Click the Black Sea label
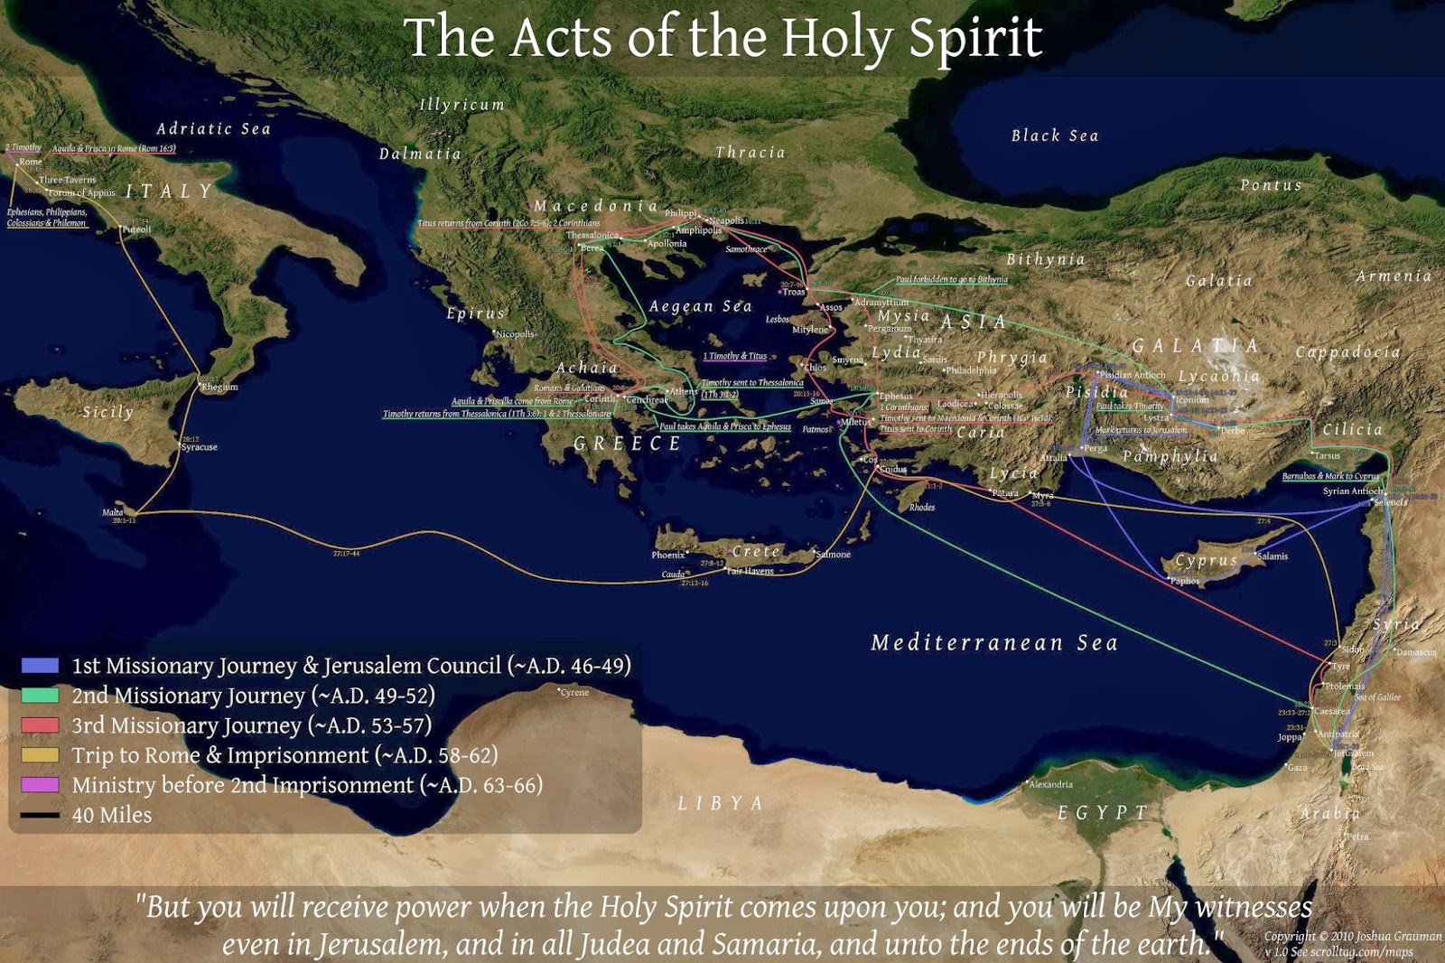pyautogui.click(x=1054, y=136)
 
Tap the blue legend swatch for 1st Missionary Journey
pyautogui.click(x=40, y=666)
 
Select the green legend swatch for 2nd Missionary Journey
pyautogui.click(x=40, y=696)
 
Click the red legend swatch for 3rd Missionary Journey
pyautogui.click(x=40, y=725)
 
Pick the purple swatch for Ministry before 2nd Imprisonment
pyautogui.click(x=40, y=785)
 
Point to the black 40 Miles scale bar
pyautogui.click(x=40, y=815)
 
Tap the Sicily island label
pyautogui.click(x=107, y=412)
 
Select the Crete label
pyautogui.click(x=756, y=551)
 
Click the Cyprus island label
pyautogui.click(x=1206, y=560)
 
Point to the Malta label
pyautogui.click(x=113, y=512)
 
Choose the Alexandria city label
pyautogui.click(x=1051, y=784)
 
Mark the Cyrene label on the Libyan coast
pyautogui.click(x=574, y=692)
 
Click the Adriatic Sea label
pyautogui.click(x=213, y=129)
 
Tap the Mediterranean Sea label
pyautogui.click(x=993, y=643)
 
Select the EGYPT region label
pyautogui.click(x=1102, y=813)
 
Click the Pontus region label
pyautogui.click(x=1271, y=185)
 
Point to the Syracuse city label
pyautogui.click(x=200, y=447)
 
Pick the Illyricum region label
pyautogui.click(x=461, y=105)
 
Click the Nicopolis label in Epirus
pyautogui.click(x=515, y=334)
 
